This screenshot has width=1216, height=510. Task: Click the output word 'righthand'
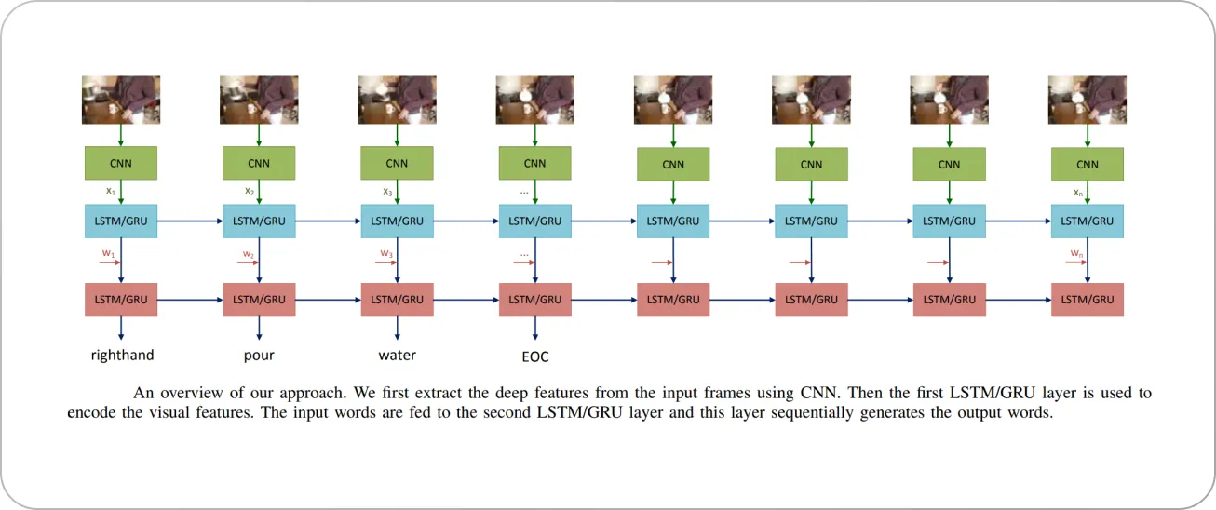122,356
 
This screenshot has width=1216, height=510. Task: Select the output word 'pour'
259,356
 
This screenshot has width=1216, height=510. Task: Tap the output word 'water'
398,356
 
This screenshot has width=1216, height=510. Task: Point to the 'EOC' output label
535,356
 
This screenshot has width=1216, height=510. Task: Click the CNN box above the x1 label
121,163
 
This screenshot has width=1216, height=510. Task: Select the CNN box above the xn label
1088,165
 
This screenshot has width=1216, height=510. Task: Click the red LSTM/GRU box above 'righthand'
121,300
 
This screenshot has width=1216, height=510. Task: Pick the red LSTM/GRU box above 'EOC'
535,300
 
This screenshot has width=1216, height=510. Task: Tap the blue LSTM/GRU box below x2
259,221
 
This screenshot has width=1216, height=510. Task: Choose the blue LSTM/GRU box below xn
1088,221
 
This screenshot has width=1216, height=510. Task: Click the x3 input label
387,192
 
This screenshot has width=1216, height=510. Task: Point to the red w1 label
109,253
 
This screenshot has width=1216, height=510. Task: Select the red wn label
1076,253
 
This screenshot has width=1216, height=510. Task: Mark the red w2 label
248,254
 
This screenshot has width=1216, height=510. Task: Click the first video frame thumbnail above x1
121,100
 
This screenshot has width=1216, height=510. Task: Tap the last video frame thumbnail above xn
1088,100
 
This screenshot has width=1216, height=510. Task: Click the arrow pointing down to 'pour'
259,329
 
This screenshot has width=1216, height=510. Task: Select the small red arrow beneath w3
386,262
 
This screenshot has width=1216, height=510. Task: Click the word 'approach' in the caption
313,393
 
